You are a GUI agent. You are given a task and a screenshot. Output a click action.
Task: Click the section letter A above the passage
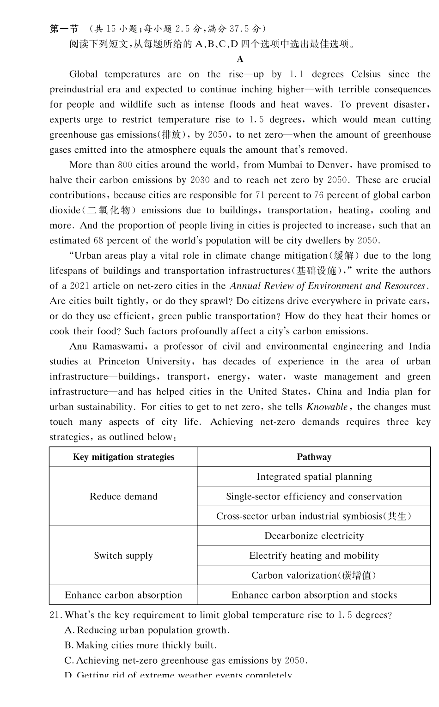coord(240,59)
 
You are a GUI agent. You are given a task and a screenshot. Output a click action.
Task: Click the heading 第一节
coord(64,29)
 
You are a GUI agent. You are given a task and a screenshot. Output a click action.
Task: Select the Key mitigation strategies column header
coord(123,457)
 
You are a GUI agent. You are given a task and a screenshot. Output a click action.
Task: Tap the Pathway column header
coord(314,457)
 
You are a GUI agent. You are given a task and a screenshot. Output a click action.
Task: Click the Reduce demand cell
coord(123,496)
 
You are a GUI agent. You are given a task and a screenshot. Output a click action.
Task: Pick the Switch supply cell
coord(123,556)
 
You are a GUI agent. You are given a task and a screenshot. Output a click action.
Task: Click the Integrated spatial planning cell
coord(314,477)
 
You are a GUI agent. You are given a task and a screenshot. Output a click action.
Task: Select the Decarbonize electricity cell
coord(314,536)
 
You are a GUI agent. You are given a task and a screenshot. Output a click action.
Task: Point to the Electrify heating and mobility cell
coord(314,556)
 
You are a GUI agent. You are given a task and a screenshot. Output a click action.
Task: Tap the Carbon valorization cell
coord(314,575)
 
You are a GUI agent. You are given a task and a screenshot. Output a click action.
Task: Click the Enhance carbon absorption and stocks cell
coord(314,595)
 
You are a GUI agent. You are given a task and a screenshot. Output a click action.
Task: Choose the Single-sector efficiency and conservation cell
coord(314,496)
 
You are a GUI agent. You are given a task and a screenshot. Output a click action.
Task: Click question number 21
coord(55,615)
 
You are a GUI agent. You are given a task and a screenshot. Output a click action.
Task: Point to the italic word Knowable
coord(327,407)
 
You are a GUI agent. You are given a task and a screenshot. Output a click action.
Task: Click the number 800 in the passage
coord(125,165)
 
